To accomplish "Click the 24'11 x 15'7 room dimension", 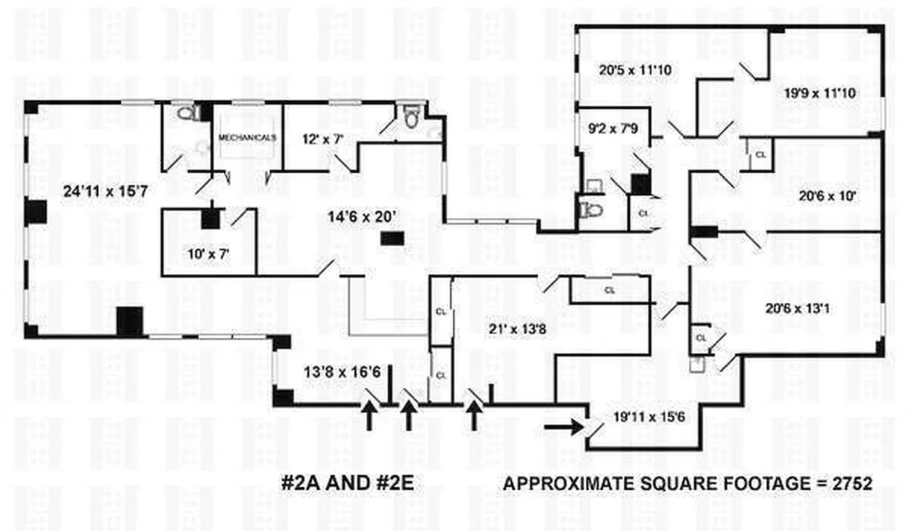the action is [x=105, y=191].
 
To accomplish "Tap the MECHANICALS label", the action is [x=247, y=137].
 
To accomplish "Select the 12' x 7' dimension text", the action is [x=323, y=139].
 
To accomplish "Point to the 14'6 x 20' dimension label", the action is [x=361, y=217].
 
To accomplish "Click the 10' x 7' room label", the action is [x=208, y=254].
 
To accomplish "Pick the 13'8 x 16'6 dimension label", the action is [x=342, y=372].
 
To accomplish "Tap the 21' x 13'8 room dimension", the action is [x=517, y=329].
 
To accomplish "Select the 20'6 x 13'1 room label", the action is [x=798, y=309].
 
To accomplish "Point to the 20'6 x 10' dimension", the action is [x=827, y=196].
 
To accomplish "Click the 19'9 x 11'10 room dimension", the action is [x=819, y=93].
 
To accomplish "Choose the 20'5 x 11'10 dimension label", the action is [x=635, y=70].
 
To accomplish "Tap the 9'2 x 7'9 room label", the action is [x=613, y=128].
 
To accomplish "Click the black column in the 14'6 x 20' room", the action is [x=393, y=238].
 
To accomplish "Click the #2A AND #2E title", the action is [x=347, y=483].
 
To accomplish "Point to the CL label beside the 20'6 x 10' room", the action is [x=760, y=155].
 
